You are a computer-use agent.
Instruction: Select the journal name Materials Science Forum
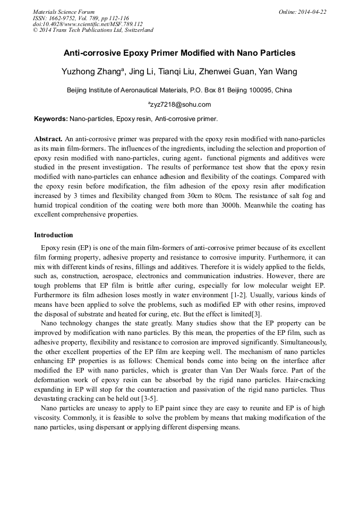pyautogui.click(x=64, y=12)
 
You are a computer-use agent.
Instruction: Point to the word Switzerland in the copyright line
pyautogui.click(x=135, y=30)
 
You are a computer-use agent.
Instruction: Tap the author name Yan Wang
pyautogui.click(x=278, y=72)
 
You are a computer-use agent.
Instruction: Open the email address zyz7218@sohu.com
pyautogui.click(x=181, y=105)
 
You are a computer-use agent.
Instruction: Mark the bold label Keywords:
pyautogui.click(x=51, y=119)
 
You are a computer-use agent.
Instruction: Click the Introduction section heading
pyautogui.click(x=54, y=235)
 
